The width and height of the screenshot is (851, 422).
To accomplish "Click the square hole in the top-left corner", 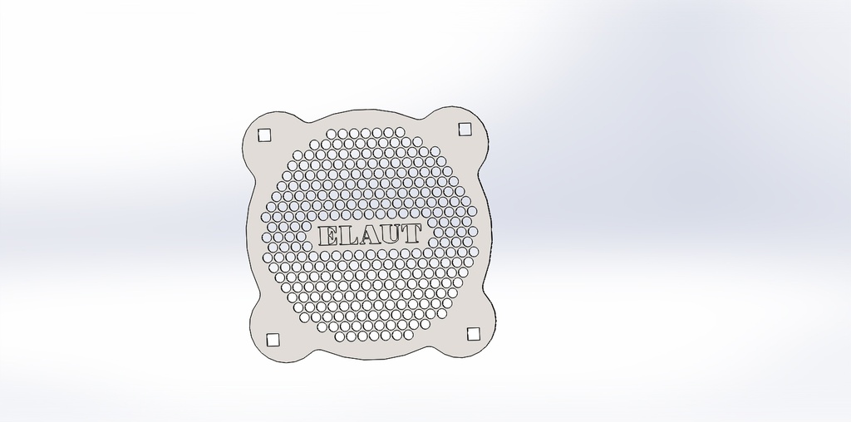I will (x=265, y=135).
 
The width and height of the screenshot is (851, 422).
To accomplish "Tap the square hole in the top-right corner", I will (x=465, y=129).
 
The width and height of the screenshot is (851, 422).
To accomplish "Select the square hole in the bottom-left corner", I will (x=273, y=339).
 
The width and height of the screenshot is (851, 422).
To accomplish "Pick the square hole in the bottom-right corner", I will (x=474, y=333).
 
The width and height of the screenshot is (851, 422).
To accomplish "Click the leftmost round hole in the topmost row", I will (x=331, y=134).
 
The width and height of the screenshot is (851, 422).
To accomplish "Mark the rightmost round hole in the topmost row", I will (x=399, y=132).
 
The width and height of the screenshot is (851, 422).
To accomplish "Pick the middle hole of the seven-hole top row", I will (x=365, y=133).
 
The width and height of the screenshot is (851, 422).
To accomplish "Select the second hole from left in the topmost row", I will (x=342, y=134).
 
